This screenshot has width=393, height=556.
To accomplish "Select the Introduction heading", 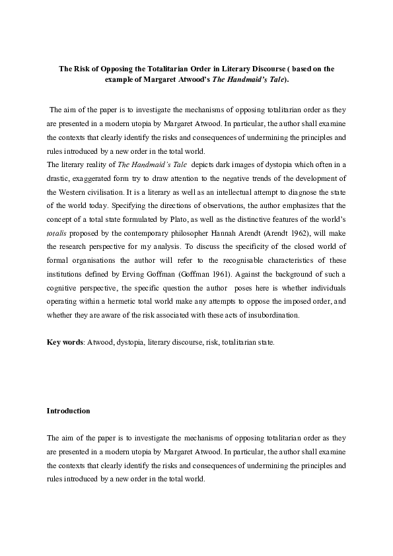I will [68, 411].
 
